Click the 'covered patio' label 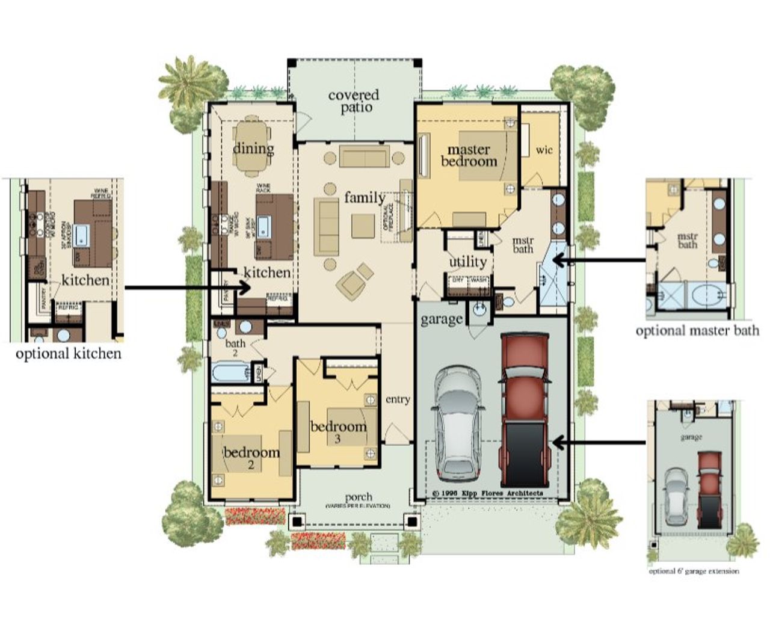(354, 102)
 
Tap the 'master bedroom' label (469, 155)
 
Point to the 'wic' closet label (544, 149)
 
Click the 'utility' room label (467, 262)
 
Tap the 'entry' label (398, 399)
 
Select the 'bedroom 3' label (338, 431)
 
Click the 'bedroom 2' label (251, 457)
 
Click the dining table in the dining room (253, 147)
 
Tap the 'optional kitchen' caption (69, 354)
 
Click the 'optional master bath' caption (697, 330)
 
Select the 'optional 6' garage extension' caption (694, 571)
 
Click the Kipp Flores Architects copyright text (487, 493)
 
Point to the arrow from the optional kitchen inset (186, 288)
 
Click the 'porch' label (359, 498)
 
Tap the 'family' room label (365, 197)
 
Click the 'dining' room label (253, 149)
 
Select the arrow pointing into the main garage (599, 443)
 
